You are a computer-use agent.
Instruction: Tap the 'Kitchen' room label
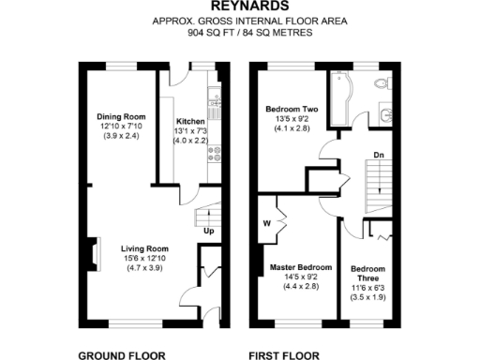190,121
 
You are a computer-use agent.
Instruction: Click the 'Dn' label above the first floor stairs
377,155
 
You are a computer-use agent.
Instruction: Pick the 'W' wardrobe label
267,223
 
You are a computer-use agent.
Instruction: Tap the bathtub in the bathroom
337,98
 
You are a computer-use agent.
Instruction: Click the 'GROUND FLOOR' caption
117,354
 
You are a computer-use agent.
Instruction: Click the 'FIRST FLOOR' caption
284,354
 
